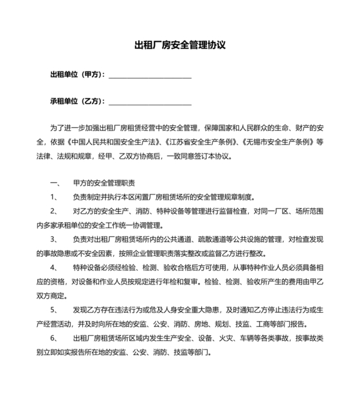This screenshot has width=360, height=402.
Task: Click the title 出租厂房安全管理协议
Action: coord(179,46)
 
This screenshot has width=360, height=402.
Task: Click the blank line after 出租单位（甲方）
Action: coord(150,76)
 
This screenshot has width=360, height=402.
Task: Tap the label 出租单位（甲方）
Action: coord(77,74)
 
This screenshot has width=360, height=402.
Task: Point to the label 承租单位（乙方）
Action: coord(77,101)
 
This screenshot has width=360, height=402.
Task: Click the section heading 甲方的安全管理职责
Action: coord(99,182)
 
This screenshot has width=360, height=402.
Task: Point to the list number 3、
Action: coord(54,239)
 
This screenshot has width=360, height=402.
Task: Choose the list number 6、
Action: coord(54,338)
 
